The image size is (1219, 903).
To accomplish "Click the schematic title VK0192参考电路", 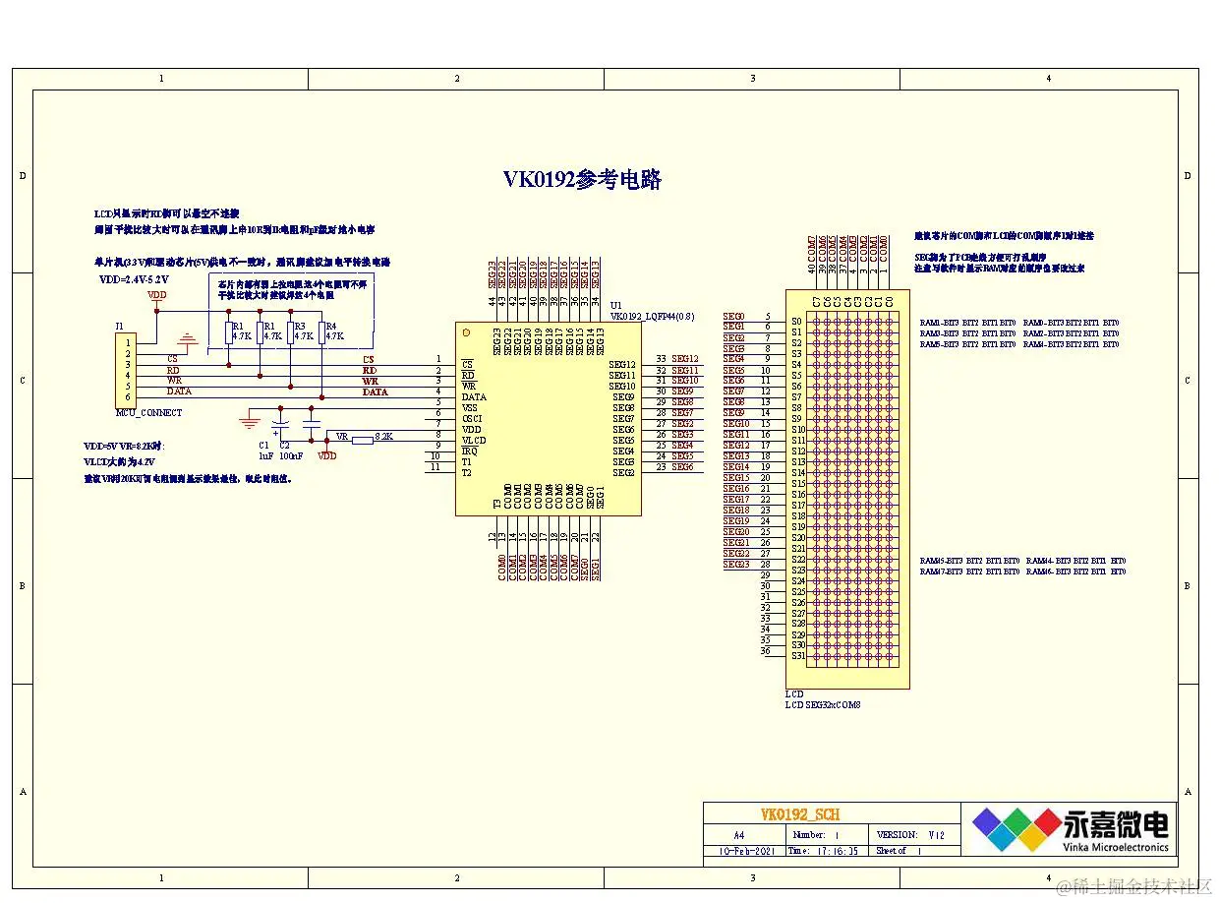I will pyautogui.click(x=582, y=180).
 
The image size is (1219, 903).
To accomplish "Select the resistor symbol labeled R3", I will pyautogui.click(x=290, y=331).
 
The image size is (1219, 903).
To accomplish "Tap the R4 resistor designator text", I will pyautogui.click(x=330, y=326).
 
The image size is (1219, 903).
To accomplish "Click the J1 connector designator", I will pyautogui.click(x=120, y=326).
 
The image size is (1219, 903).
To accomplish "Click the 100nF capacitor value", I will pyautogui.click(x=291, y=456).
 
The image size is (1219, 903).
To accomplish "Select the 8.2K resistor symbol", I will pyautogui.click(x=362, y=440).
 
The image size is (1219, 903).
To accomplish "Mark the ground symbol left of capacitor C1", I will pyautogui.click(x=250, y=422).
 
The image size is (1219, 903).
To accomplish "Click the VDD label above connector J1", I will pyautogui.click(x=156, y=294).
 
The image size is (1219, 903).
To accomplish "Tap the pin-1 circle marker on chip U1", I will pyautogui.click(x=467, y=332).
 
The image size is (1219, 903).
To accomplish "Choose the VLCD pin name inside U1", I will pyautogui.click(x=474, y=440).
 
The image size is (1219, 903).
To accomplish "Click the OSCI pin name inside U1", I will pyautogui.click(x=472, y=418).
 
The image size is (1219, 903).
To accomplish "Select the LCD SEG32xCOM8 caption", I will pyautogui.click(x=824, y=704).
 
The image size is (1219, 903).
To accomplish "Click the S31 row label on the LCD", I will pyautogui.click(x=797, y=656).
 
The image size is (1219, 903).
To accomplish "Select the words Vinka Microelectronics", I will pyautogui.click(x=1116, y=846).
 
